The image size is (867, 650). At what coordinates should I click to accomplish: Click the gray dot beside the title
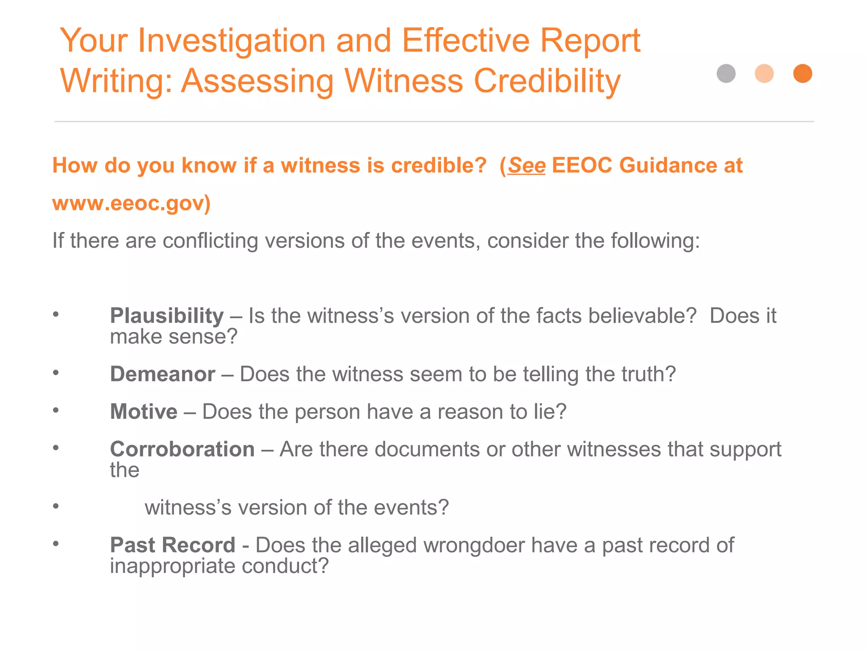[726, 74]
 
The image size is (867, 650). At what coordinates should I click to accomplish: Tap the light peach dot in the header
[764, 74]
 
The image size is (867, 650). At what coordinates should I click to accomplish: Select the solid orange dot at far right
[803, 74]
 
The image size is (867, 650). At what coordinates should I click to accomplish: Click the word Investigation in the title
[232, 41]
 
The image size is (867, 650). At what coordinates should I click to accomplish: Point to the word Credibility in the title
[547, 81]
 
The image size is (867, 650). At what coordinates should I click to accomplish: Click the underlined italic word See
[527, 165]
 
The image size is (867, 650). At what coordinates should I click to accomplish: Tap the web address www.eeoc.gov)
[131, 203]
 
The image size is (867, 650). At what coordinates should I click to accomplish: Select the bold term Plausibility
[167, 316]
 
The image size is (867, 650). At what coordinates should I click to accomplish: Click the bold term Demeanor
[163, 374]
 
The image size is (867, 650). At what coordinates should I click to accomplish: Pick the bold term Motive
[144, 411]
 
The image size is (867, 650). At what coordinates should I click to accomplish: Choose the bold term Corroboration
[182, 449]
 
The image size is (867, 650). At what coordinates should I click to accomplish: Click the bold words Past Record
[172, 545]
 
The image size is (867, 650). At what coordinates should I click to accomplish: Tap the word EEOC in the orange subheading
[582, 165]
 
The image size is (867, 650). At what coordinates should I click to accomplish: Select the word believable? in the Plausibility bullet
[642, 316]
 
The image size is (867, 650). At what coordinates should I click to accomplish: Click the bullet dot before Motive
[56, 410]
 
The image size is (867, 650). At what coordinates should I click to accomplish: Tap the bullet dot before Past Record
[56, 544]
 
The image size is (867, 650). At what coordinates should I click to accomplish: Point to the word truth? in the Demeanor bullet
[648, 374]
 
